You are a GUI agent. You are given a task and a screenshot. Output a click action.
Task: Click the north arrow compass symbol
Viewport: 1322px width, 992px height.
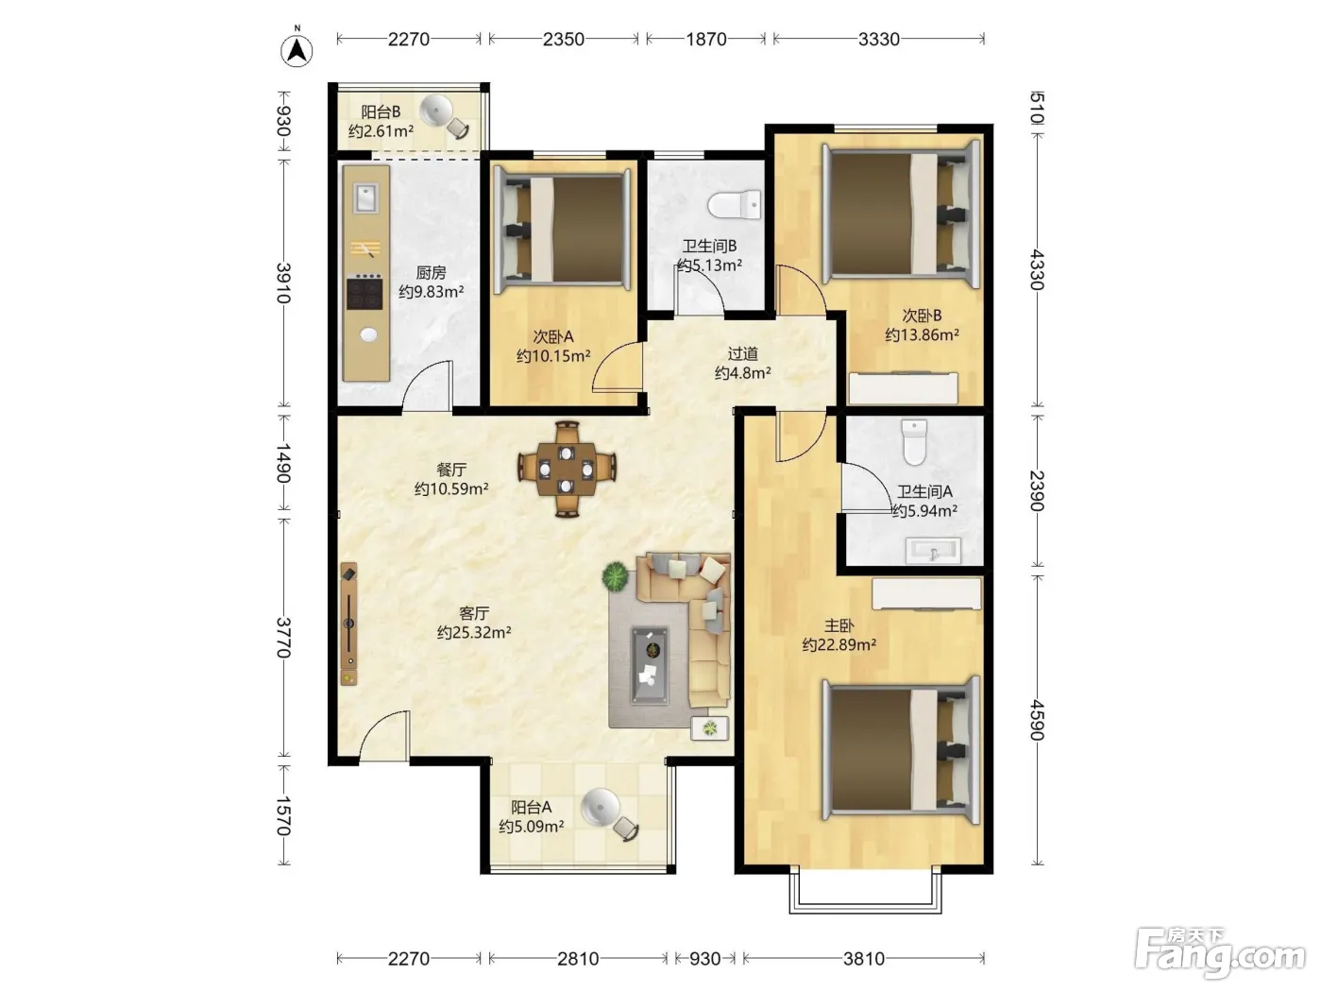coord(297,49)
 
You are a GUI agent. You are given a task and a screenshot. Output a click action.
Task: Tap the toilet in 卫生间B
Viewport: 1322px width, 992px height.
coord(734,205)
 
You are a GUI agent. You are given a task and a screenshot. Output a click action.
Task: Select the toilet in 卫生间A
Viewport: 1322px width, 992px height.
coord(914,442)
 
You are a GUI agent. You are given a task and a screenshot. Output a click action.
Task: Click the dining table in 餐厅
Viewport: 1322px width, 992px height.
coord(567,469)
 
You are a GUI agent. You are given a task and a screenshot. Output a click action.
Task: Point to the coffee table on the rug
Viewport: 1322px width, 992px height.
coord(650,665)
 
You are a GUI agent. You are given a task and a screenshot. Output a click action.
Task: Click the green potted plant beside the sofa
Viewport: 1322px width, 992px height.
coord(616,576)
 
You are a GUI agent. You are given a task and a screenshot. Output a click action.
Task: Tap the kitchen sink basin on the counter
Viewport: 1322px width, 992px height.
coord(365,198)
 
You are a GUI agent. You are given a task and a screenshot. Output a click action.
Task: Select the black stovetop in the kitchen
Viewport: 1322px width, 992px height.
coord(364,292)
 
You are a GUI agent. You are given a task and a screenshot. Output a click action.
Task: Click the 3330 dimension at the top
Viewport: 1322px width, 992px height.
coord(879,39)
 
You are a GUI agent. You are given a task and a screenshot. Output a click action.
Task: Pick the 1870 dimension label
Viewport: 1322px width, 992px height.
coord(706,39)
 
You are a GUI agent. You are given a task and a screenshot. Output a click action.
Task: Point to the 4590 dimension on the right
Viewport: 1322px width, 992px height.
coord(1036,719)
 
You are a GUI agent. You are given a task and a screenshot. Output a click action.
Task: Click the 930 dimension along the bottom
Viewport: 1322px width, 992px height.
coord(704,958)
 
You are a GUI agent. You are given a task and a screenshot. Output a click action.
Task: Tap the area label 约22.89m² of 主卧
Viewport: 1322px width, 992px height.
coord(839,645)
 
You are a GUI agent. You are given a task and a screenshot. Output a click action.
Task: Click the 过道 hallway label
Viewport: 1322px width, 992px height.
coord(742,353)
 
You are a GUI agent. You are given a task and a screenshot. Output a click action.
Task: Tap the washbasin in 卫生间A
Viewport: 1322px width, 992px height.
coord(933,550)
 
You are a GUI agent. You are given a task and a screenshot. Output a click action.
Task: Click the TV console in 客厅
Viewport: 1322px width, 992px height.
coord(348,624)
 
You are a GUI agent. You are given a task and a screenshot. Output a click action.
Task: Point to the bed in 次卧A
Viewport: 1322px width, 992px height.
coord(562,229)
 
